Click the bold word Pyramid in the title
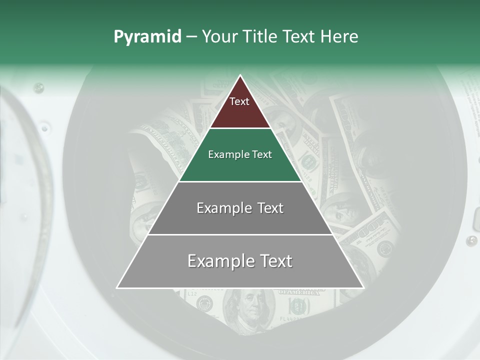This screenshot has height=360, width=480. (x=147, y=37)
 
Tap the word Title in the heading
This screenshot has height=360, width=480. (x=260, y=37)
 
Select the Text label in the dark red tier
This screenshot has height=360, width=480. (x=239, y=101)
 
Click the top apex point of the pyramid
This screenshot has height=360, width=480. (x=240, y=75)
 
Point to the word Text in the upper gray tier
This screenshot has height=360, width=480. (x=270, y=208)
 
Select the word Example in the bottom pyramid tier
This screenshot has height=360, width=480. (x=221, y=261)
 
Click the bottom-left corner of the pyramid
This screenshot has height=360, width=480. (x=117, y=287)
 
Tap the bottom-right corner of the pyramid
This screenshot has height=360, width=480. (x=363, y=287)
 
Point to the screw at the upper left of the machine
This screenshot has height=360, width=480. (x=38, y=88)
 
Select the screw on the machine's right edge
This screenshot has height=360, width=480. (x=471, y=241)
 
